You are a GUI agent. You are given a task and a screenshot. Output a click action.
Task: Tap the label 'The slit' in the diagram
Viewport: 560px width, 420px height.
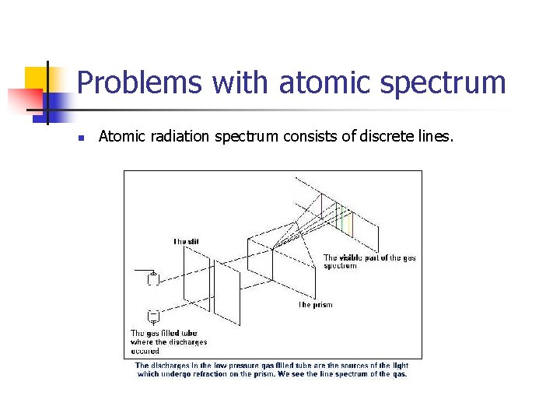point(186,242)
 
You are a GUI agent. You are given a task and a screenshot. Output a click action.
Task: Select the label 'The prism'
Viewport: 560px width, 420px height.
point(315,305)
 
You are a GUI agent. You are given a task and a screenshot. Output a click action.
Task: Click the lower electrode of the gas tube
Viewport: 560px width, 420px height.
point(153,315)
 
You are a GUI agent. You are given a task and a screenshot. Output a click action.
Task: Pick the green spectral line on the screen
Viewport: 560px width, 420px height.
point(341,219)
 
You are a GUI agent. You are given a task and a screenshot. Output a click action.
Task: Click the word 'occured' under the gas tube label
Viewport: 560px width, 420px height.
point(145,351)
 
